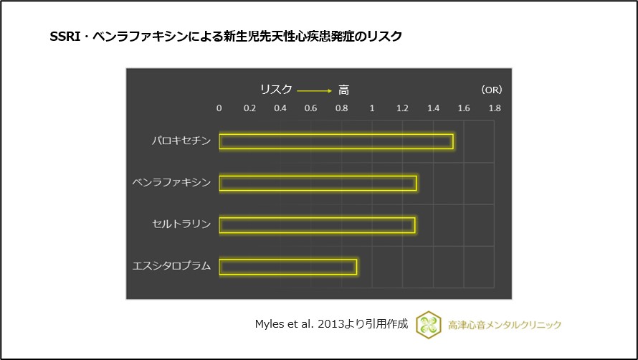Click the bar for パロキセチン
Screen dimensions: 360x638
click(x=335, y=141)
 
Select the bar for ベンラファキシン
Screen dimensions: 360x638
click(x=318, y=183)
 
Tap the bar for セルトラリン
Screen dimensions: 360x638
click(x=317, y=224)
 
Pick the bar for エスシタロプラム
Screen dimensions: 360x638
click(x=287, y=266)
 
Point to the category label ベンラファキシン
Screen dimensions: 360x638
click(x=172, y=183)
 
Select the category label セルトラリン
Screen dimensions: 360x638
click(x=181, y=224)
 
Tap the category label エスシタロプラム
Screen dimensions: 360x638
click(x=172, y=266)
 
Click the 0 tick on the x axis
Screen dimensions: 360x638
click(x=219, y=108)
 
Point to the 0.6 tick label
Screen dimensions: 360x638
click(x=311, y=108)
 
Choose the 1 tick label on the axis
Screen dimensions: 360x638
click(x=372, y=108)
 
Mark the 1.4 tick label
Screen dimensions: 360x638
click(x=433, y=108)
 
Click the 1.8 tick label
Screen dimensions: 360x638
click(x=495, y=108)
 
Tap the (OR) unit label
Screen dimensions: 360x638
click(x=492, y=90)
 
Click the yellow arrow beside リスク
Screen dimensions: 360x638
click(x=314, y=90)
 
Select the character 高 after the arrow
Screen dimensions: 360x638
click(x=344, y=90)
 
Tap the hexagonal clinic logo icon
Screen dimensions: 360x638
click(x=428, y=323)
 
